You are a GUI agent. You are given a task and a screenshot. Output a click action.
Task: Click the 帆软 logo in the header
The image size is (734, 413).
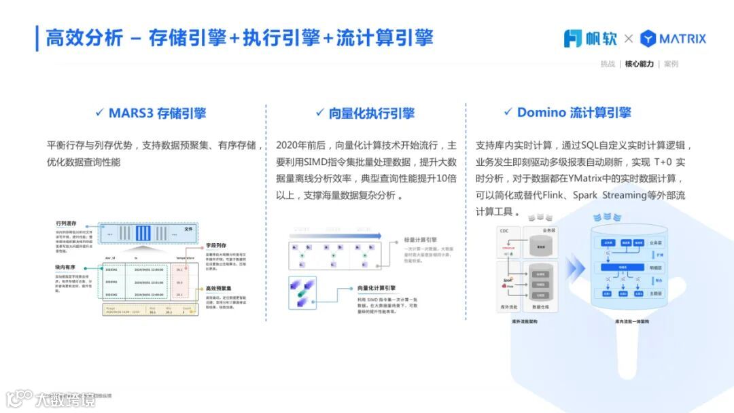590,39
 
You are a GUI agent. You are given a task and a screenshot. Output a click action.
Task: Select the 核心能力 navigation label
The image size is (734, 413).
639,64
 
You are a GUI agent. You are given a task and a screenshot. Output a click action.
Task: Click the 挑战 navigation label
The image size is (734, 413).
608,64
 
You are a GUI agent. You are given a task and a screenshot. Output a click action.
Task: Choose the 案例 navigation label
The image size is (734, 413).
671,64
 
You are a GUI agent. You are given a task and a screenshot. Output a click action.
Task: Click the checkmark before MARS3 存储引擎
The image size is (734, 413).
100,112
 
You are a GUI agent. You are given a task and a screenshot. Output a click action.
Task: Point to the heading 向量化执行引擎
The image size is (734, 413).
371,113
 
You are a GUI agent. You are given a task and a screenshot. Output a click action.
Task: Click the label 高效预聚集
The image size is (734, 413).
219,289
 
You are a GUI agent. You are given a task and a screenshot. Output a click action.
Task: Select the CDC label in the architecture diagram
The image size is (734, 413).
504,231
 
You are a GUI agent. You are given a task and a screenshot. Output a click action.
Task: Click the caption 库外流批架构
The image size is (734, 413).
525,321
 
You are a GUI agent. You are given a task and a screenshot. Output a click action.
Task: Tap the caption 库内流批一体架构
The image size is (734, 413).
631,321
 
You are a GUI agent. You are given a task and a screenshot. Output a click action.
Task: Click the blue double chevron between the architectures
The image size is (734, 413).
576,270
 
